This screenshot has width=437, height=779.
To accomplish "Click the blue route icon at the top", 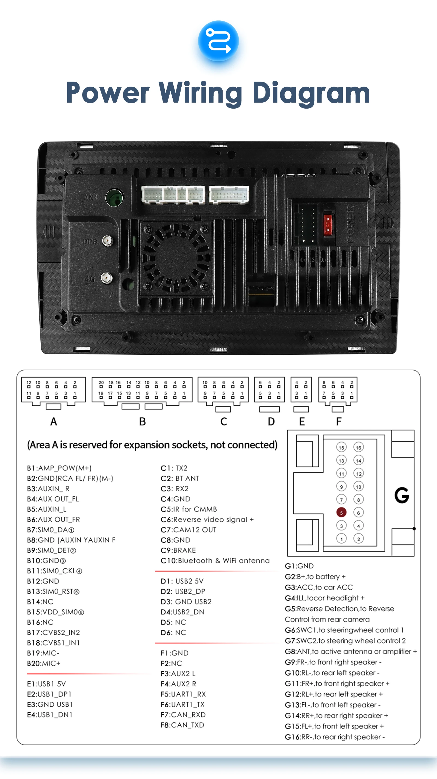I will tap(218, 41).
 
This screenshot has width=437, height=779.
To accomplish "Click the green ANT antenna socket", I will tap(114, 198).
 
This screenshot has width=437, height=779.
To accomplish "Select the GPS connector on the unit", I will tap(107, 241).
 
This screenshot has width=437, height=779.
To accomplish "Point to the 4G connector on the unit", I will tap(106, 278).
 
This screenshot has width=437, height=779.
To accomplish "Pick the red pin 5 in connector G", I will tap(341, 513).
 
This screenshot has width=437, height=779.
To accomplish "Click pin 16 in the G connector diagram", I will tap(359, 447).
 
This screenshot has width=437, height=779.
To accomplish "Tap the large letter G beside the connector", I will tap(401, 495).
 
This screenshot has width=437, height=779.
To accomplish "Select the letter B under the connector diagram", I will tap(142, 421).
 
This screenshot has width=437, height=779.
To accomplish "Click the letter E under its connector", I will tap(302, 421).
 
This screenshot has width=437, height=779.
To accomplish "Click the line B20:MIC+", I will tap(44, 663).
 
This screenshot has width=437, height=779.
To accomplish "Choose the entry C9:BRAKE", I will tap(178, 550).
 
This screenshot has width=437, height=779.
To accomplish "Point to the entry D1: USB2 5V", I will tap(182, 581).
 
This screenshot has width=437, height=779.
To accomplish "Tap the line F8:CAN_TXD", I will tap(182, 725).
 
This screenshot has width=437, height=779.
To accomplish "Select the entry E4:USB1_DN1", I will tap(50, 715).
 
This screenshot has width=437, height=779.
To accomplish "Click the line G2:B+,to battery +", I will tap(315, 576).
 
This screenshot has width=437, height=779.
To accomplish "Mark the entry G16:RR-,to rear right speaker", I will tap(334, 737).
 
